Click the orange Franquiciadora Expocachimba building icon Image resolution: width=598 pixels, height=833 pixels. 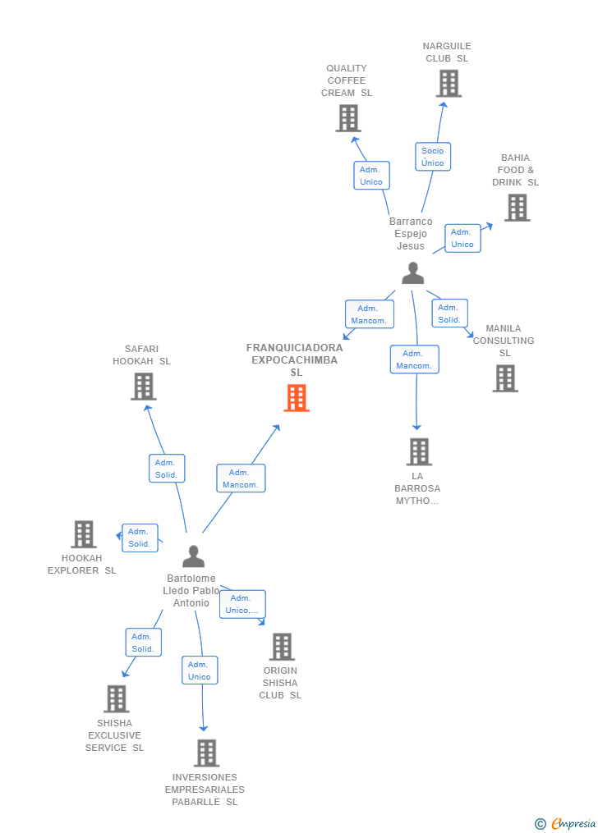click(297, 397)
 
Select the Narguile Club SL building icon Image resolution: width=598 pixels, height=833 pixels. click(448, 84)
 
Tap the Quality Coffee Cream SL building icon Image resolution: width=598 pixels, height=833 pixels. click(348, 118)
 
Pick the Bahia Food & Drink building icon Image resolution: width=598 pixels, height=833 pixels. click(517, 208)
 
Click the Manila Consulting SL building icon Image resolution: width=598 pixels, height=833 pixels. click(505, 378)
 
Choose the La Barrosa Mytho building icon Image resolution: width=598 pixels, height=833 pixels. click(419, 451)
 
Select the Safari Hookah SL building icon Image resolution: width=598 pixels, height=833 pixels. click(144, 386)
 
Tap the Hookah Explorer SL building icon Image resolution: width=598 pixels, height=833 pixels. click(84, 534)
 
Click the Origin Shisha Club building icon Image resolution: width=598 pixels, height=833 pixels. click(282, 647)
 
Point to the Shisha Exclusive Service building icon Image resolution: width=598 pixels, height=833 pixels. click(117, 699)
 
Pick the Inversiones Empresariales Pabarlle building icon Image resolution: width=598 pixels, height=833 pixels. click(206, 753)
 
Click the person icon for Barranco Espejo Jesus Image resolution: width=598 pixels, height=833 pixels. click(412, 273)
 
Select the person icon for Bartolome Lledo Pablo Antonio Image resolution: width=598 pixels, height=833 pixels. click(193, 556)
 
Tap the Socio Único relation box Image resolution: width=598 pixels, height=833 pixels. click(433, 157)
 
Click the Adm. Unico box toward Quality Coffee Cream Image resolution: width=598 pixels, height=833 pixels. click(371, 176)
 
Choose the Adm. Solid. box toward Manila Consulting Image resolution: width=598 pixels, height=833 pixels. click(449, 314)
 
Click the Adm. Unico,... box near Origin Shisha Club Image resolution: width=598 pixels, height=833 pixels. click(242, 604)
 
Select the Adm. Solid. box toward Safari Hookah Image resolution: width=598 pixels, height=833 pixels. click(167, 469)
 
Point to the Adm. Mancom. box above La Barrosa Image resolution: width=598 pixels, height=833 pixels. click(414, 359)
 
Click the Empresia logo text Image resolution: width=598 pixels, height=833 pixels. click(573, 823)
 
